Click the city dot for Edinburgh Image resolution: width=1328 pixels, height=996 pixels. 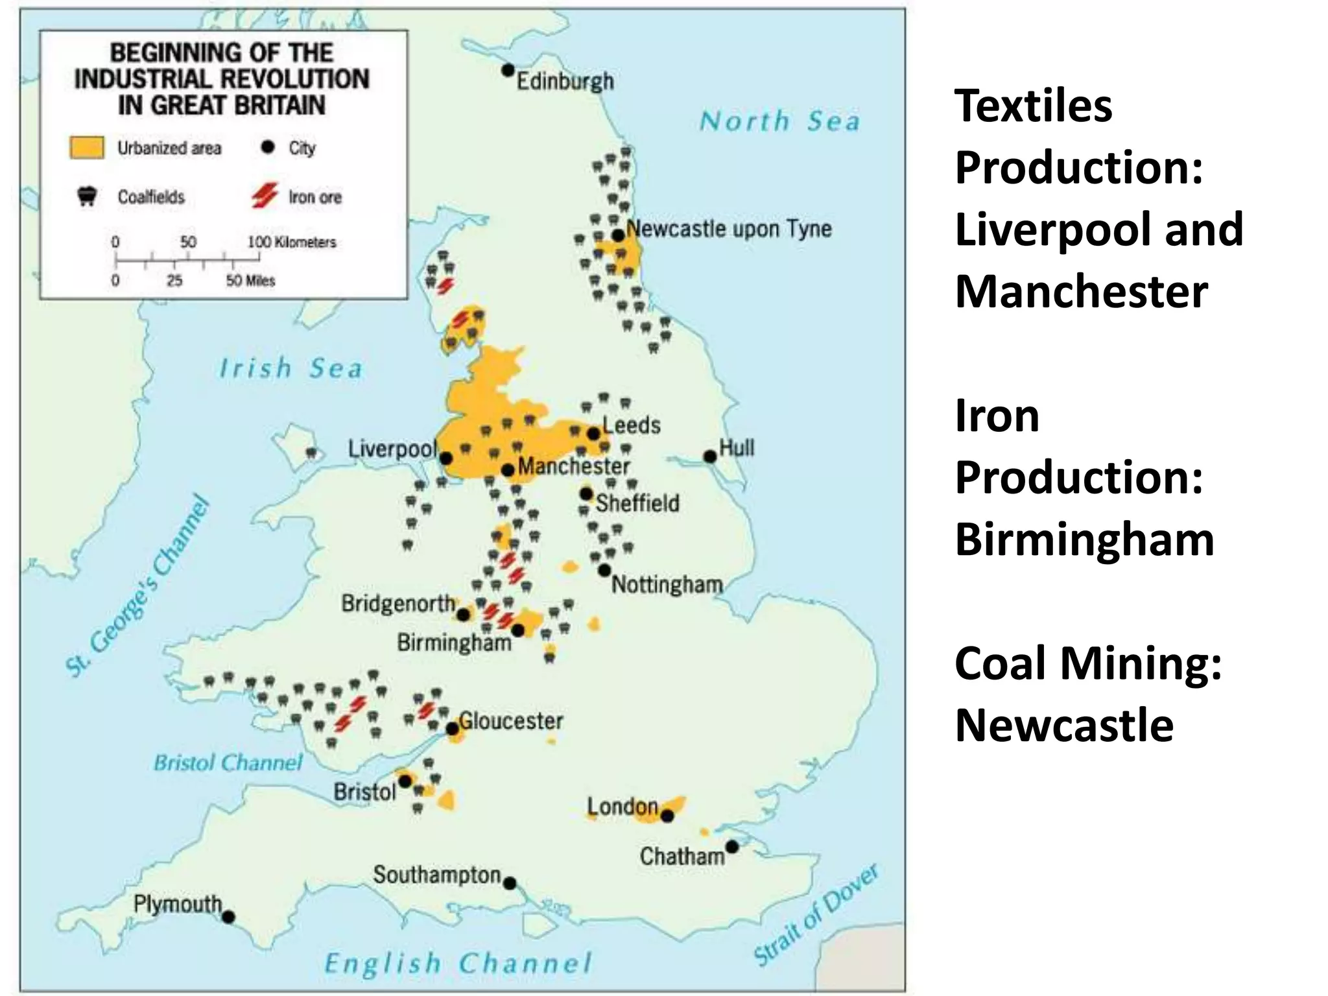(x=508, y=69)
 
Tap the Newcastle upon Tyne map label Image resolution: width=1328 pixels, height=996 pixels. (x=729, y=228)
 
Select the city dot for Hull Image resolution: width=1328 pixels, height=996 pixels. (x=710, y=456)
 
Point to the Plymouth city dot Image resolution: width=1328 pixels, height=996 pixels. (x=228, y=917)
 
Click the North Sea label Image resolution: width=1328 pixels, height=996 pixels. (x=780, y=121)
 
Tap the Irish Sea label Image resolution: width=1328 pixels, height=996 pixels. (x=290, y=368)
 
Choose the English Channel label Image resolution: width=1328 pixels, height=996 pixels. (x=458, y=963)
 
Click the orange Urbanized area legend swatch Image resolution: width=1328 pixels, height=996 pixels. (x=86, y=147)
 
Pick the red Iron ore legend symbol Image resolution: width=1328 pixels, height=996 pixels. (x=265, y=195)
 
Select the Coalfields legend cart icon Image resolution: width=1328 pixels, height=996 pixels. (x=87, y=196)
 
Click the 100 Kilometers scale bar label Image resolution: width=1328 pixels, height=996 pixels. (x=292, y=242)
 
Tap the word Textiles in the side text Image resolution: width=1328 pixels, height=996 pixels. (x=1034, y=106)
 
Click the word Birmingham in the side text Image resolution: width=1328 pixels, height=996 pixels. (x=1084, y=539)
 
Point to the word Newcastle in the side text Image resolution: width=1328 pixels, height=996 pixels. (x=1064, y=725)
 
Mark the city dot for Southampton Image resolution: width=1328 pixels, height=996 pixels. (x=510, y=883)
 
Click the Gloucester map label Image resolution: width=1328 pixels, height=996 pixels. (x=511, y=720)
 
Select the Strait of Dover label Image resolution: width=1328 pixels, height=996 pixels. (x=816, y=915)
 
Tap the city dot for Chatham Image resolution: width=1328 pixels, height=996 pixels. (x=732, y=847)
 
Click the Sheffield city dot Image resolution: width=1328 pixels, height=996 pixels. (x=586, y=494)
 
